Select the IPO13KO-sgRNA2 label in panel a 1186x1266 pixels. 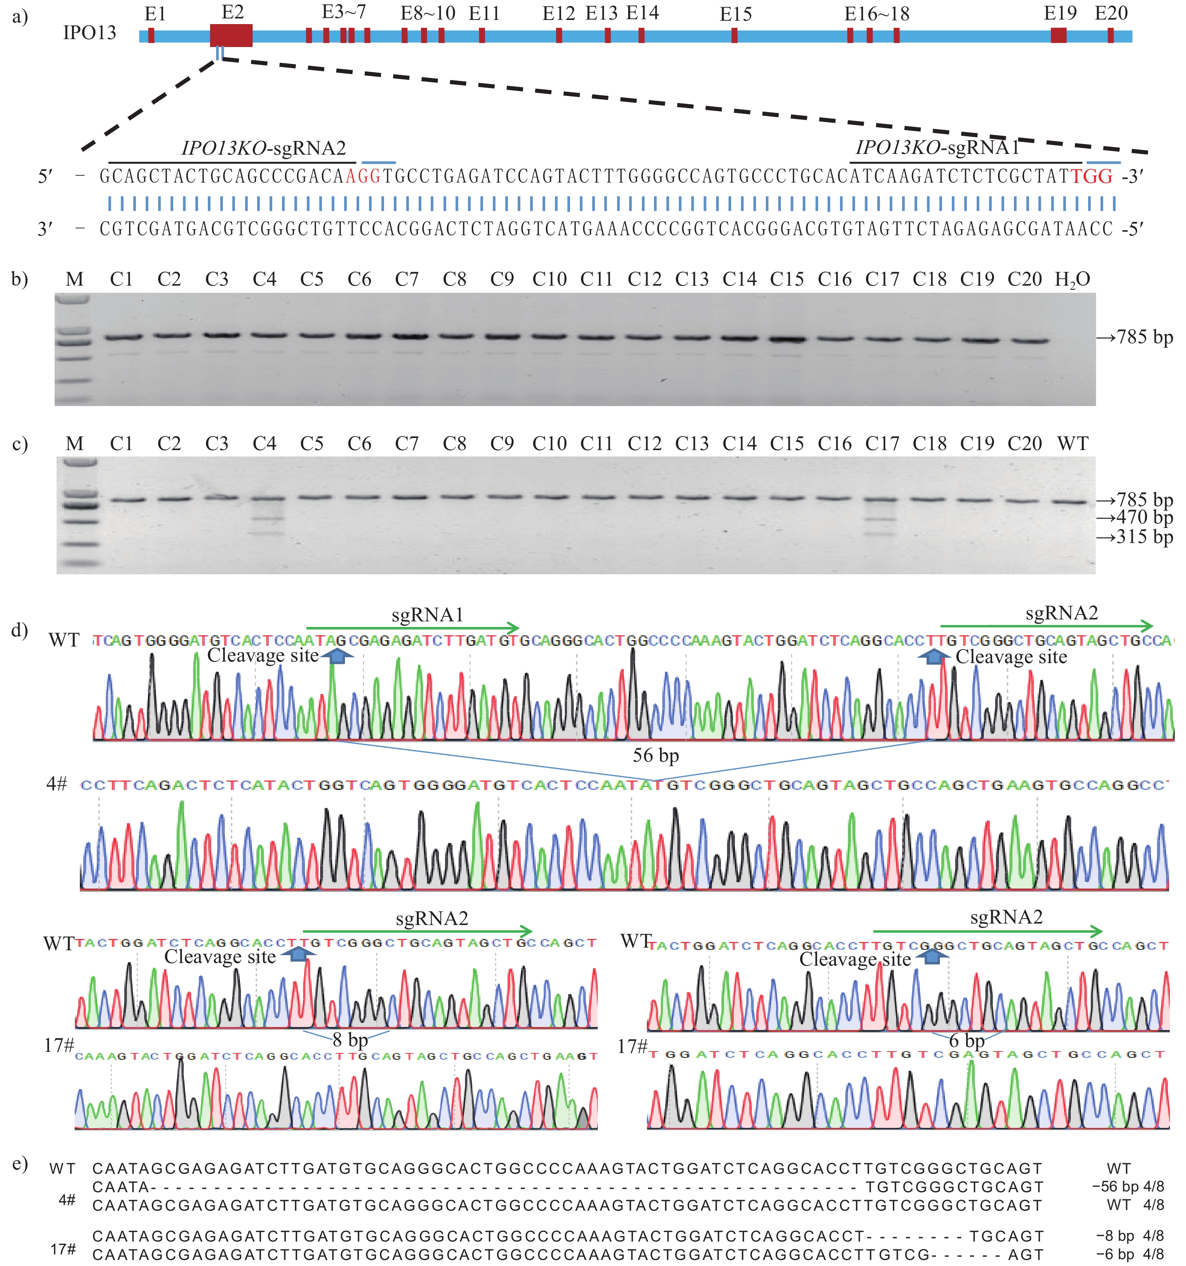pyautogui.click(x=264, y=148)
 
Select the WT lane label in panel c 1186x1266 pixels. pyautogui.click(x=1073, y=443)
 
